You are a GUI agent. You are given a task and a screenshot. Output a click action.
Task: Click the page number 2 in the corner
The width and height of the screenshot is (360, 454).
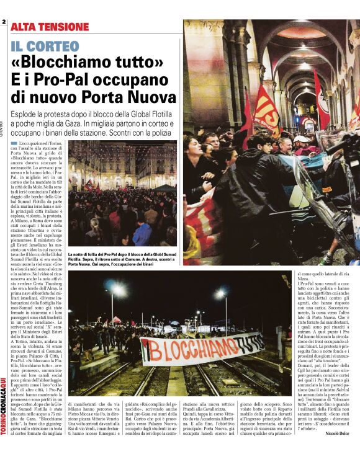click(4, 23)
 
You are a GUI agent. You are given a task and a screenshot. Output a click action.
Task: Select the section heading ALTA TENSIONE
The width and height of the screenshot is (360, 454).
click(50, 27)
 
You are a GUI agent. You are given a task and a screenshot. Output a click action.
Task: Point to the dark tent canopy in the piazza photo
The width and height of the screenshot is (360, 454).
click(164, 187)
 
